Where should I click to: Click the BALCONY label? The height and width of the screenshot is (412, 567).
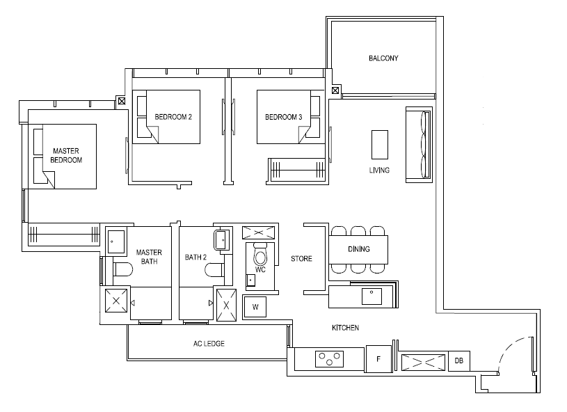pyautogui.click(x=383, y=58)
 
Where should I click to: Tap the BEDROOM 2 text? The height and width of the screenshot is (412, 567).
pyautogui.click(x=173, y=117)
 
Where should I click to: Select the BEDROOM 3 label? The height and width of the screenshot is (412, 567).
pyautogui.click(x=284, y=117)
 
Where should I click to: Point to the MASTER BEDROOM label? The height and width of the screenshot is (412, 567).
pyautogui.click(x=66, y=155)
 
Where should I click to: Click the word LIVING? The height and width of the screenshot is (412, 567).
pyautogui.click(x=379, y=170)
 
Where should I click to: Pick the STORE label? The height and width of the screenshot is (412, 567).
pyautogui.click(x=301, y=259)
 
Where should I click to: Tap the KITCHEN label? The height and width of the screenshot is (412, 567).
pyautogui.click(x=345, y=328)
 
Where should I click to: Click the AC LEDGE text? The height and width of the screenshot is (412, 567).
pyautogui.click(x=209, y=344)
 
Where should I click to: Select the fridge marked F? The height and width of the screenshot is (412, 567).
pyautogui.click(x=378, y=359)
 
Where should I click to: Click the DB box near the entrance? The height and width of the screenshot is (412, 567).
pyautogui.click(x=459, y=360)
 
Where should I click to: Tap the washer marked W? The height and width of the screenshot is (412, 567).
pyautogui.click(x=255, y=307)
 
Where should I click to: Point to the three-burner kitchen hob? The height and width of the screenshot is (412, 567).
pyautogui.click(x=329, y=359)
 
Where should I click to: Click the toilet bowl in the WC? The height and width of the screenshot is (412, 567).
pyautogui.click(x=260, y=255)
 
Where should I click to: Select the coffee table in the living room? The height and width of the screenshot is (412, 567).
pyautogui.click(x=380, y=145)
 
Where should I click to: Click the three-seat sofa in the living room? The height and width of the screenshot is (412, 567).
pyautogui.click(x=419, y=145)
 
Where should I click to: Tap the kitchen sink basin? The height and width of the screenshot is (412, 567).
pyautogui.click(x=372, y=296)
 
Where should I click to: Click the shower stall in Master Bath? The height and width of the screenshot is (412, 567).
pyautogui.click(x=116, y=301)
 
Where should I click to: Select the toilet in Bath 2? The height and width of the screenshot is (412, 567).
pyautogui.click(x=214, y=270)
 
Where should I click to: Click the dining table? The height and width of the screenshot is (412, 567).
pyautogui.click(x=358, y=249)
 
